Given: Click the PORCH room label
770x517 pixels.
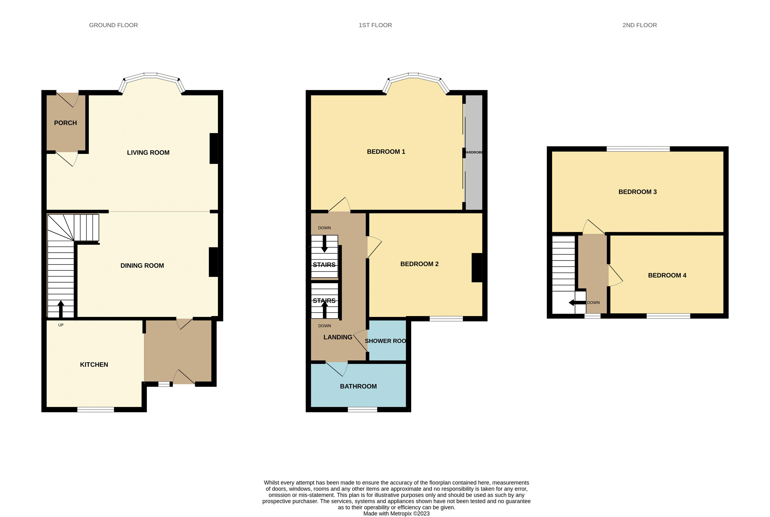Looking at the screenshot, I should click(65, 123).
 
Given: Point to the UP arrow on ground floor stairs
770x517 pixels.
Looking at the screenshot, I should click(61, 308).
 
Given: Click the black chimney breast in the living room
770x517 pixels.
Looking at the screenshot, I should click(214, 148).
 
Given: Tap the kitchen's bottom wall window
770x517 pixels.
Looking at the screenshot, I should click(96, 409).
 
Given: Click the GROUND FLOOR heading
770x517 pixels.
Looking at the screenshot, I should click(113, 25).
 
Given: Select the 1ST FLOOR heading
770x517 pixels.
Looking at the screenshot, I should click(375, 25).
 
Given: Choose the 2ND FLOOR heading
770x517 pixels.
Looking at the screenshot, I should click(639, 25).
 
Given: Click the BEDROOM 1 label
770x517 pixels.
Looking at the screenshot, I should click(386, 152).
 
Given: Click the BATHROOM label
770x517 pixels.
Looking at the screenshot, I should click(358, 386).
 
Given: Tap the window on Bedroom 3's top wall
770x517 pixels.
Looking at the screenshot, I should click(638, 149).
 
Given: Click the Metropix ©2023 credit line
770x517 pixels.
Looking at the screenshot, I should click(396, 513).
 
